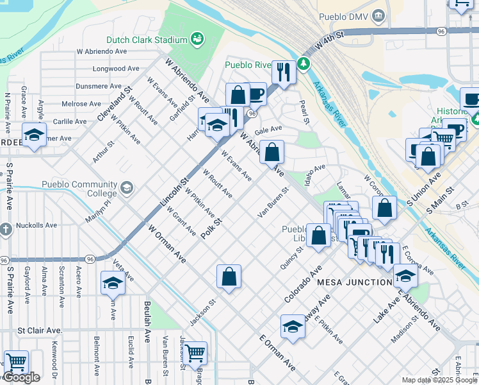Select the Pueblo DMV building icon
point(379,15)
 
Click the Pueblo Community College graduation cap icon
point(126,187)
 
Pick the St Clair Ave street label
point(40,330)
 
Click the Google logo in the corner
point(21,377)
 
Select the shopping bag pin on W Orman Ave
point(229,278)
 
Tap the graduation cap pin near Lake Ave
point(405,276)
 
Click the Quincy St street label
point(291,258)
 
